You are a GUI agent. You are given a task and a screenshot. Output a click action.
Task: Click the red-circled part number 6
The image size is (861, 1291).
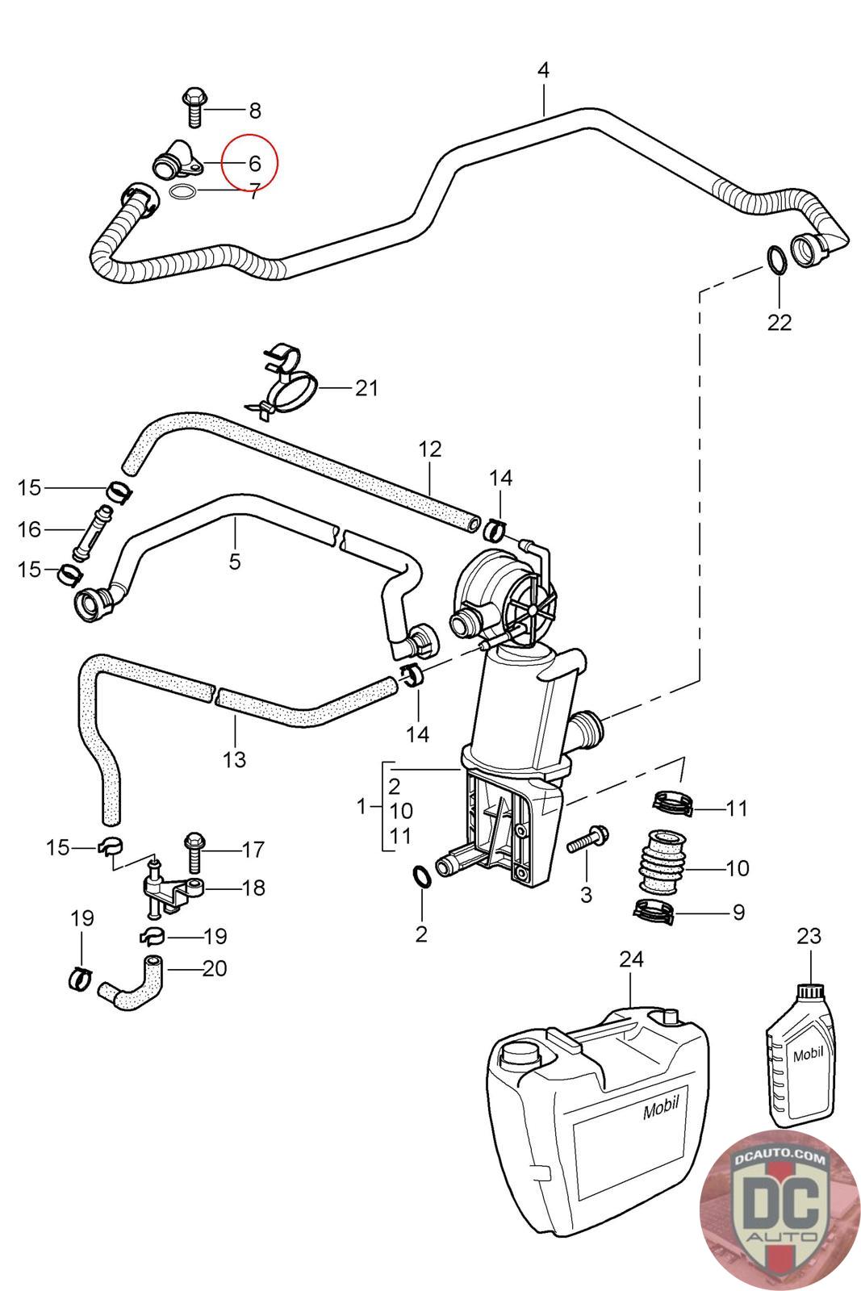pos(254,164)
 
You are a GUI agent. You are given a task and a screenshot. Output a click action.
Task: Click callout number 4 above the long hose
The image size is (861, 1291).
pos(543,70)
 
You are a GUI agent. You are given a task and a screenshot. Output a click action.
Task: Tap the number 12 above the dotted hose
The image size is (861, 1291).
pos(430,449)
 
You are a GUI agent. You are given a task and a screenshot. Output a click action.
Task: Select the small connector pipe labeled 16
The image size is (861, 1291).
pos(90,529)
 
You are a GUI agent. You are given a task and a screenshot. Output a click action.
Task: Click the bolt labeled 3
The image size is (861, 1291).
pos(588,839)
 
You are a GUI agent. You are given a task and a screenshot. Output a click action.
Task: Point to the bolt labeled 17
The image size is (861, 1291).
pos(195,849)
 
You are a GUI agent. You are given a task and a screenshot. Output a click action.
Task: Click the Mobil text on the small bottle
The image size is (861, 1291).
pos(808,1054)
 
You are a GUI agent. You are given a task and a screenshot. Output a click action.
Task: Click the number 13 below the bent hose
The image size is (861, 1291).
pos(234,759)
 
